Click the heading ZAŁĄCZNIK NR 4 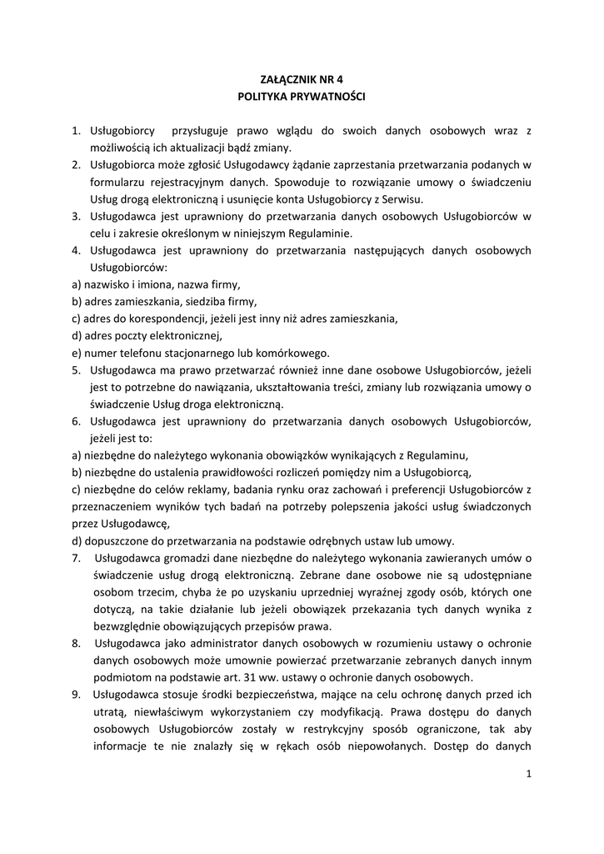(302, 81)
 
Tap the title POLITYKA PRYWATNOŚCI (302, 97)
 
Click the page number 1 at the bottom (528, 775)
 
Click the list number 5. (74, 369)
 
